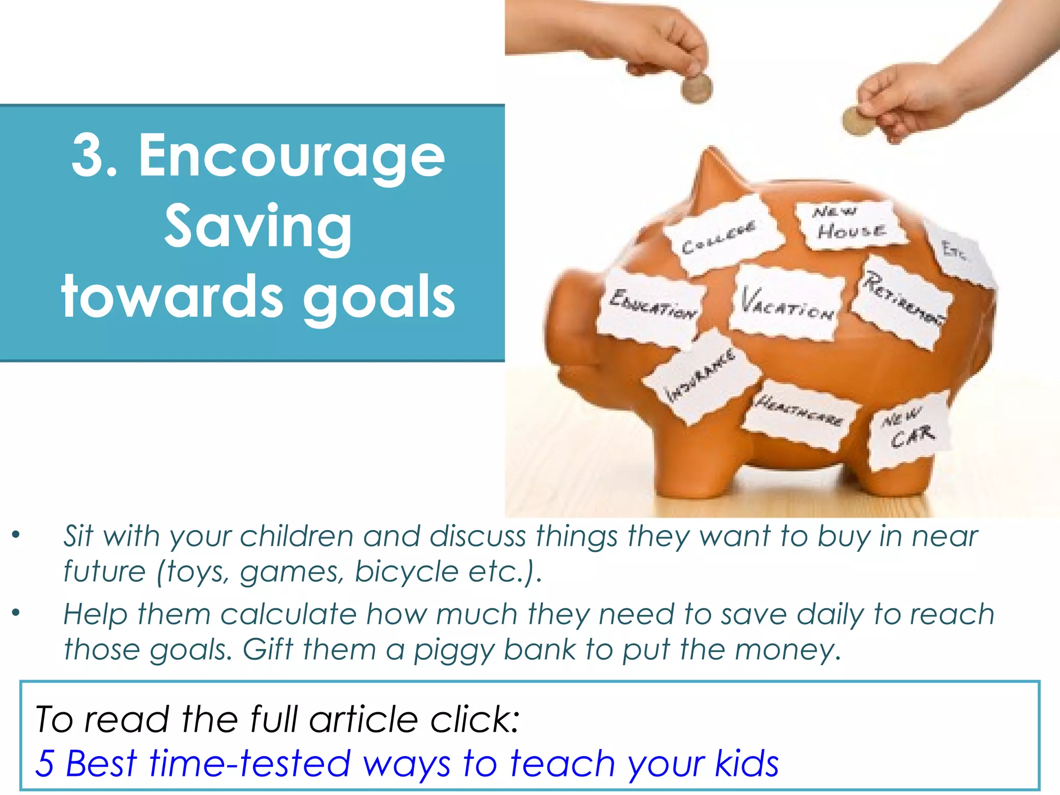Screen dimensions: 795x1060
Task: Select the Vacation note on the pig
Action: tap(786, 303)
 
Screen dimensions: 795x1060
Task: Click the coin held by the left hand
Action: tap(696, 87)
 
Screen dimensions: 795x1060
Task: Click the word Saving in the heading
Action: tap(258, 228)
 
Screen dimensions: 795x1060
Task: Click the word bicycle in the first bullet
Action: tap(407, 571)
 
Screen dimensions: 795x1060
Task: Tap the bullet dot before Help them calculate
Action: tap(17, 613)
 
